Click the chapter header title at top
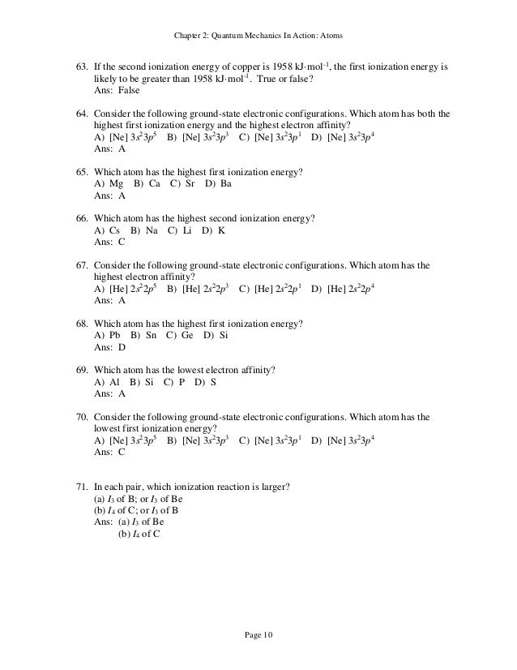[258, 34]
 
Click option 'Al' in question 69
[113, 381]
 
